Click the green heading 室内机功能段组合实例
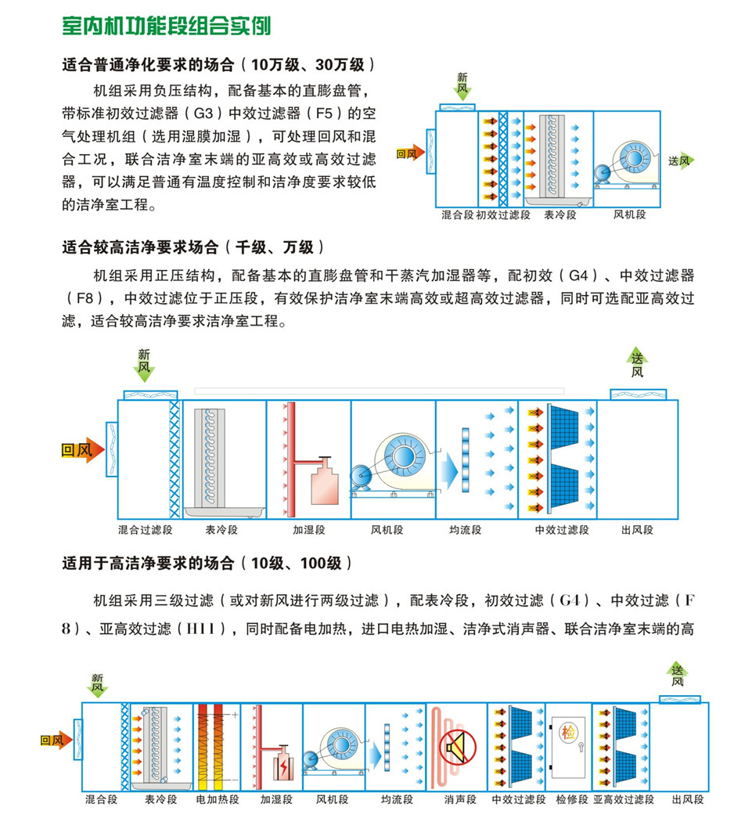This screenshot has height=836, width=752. click(166, 26)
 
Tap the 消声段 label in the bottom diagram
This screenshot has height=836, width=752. click(458, 799)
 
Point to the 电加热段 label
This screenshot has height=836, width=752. click(212, 799)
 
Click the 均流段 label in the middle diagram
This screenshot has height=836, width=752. click(466, 530)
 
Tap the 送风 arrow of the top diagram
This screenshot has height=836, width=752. click(681, 160)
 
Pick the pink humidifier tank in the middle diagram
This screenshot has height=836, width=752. click(324, 485)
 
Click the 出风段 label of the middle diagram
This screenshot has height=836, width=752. click(637, 530)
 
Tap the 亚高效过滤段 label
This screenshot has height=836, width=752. click(624, 799)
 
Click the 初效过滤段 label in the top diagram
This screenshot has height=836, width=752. click(503, 214)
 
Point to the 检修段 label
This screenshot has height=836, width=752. click(571, 799)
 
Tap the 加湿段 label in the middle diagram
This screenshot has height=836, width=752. click(309, 530)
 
